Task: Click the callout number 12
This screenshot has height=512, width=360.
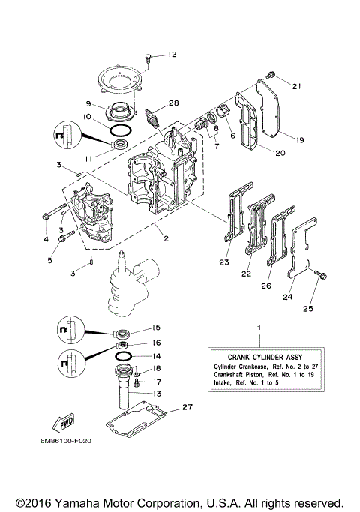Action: pyautogui.click(x=172, y=55)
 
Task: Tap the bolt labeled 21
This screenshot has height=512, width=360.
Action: pyautogui.click(x=271, y=73)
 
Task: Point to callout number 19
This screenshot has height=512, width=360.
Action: pyautogui.click(x=298, y=139)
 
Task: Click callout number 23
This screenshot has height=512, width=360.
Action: pyautogui.click(x=223, y=263)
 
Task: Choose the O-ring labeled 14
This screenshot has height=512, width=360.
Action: pyautogui.click(x=124, y=355)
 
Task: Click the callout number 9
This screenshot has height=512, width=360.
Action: pyautogui.click(x=88, y=103)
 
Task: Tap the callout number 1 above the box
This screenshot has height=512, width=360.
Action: pyautogui.click(x=259, y=328)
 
